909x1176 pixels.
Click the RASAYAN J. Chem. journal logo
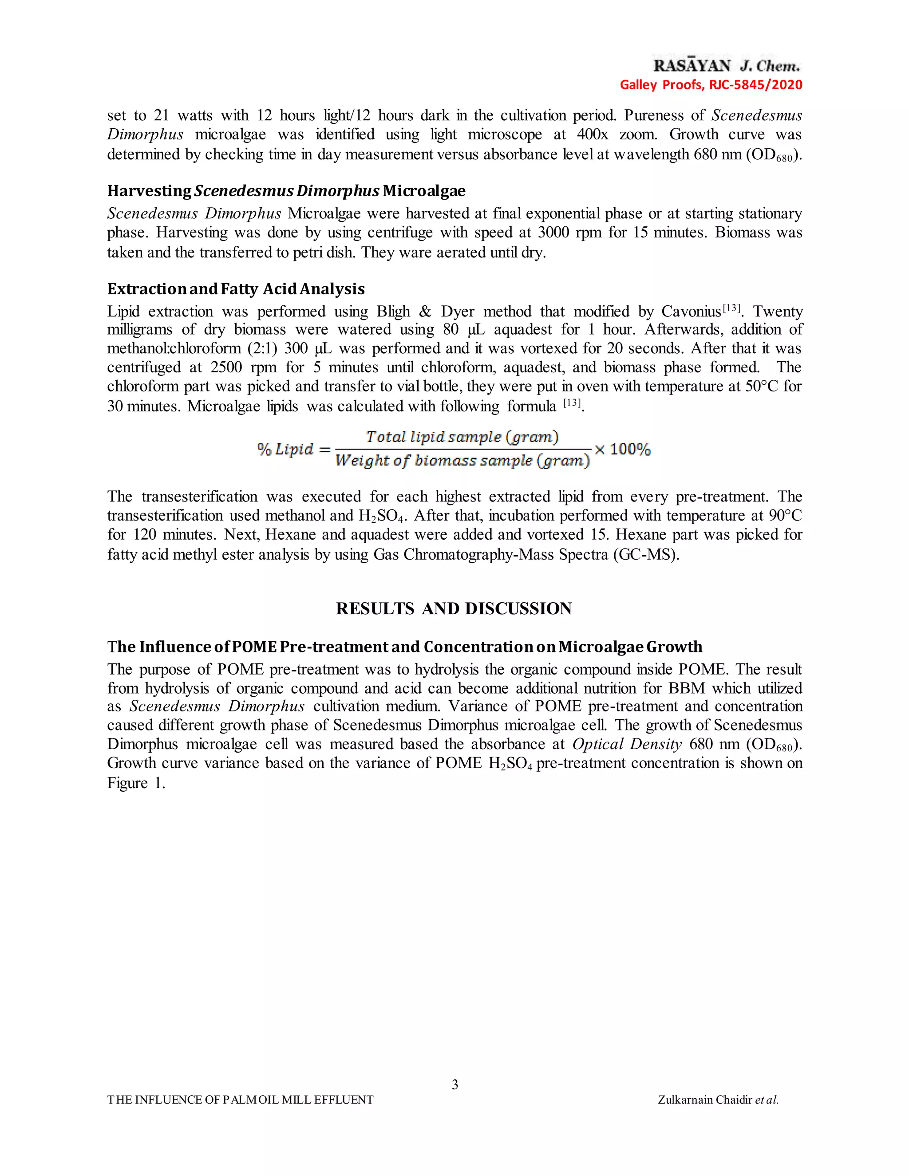pos(727,66)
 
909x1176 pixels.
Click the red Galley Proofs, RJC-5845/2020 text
pos(711,84)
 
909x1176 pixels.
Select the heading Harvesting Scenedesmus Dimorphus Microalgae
pos(286,191)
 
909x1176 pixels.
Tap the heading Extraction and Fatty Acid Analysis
pos(236,289)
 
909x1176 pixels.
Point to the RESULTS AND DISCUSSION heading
pos(454,608)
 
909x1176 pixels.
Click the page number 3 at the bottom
pos(454,1084)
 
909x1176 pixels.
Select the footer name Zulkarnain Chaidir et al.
pos(718,1100)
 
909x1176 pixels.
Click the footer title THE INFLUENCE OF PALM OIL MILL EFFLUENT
pos(240,1100)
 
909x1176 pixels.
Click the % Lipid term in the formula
pos(285,449)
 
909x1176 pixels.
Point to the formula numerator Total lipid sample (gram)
pos(462,437)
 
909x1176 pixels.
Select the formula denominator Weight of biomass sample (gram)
pos(462,461)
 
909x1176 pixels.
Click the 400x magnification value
pos(593,134)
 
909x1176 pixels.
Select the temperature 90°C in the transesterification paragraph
pos(785,516)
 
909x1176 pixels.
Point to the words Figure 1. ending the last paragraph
pos(136,783)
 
